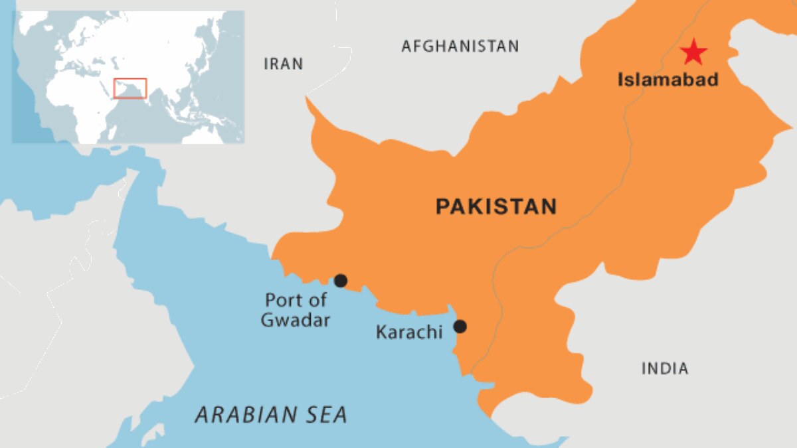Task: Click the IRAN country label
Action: (284, 64)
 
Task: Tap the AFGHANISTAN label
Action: (460, 46)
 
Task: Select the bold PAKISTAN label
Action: (495, 206)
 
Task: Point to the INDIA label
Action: (665, 368)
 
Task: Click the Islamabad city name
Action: (668, 80)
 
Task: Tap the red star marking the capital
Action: (693, 52)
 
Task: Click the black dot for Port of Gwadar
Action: (341, 281)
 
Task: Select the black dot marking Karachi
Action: (460, 326)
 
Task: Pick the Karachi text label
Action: (409, 332)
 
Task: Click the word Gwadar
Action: (296, 320)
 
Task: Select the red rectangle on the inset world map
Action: (130, 88)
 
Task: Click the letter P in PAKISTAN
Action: (443, 206)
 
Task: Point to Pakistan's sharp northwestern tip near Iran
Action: (308, 100)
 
